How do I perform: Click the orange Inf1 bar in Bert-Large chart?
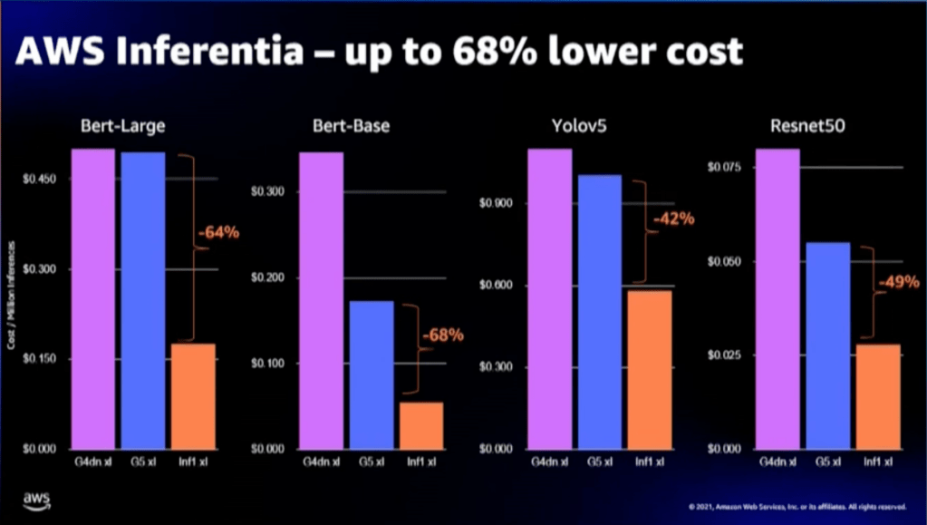(193, 396)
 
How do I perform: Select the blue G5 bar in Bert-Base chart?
(371, 374)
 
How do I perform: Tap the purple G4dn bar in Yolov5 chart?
(550, 298)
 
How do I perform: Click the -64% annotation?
(218, 232)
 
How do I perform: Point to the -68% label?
(442, 335)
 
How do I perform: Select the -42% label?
(672, 219)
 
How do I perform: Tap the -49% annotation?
(898, 282)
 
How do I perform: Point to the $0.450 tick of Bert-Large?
(40, 179)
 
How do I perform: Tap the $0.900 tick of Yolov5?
(496, 203)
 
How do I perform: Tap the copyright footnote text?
(797, 504)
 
